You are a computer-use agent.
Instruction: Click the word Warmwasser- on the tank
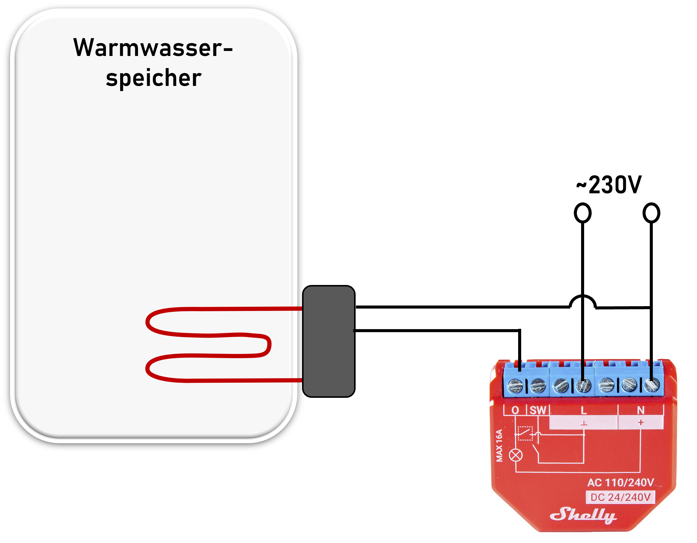pyautogui.click(x=153, y=48)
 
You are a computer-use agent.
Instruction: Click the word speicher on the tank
pyautogui.click(x=153, y=78)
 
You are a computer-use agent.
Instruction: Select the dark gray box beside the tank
pyautogui.click(x=328, y=341)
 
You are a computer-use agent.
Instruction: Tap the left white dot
pyautogui.click(x=582, y=213)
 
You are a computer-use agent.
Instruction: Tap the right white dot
pyautogui.click(x=651, y=213)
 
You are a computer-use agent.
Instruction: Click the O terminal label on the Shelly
pyautogui.click(x=515, y=410)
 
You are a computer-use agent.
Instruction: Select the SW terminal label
pyautogui.click(x=538, y=410)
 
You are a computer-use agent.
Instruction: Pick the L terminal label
pyautogui.click(x=584, y=410)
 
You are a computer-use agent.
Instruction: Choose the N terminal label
pyautogui.click(x=640, y=410)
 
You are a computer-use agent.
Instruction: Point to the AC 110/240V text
pyautogui.click(x=620, y=483)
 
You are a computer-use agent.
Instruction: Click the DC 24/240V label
pyautogui.click(x=620, y=497)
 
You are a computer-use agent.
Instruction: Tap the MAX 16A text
pyautogui.click(x=499, y=445)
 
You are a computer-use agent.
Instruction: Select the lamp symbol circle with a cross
pyautogui.click(x=516, y=455)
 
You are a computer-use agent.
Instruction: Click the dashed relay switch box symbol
pyautogui.click(x=525, y=433)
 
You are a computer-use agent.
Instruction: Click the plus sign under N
pyautogui.click(x=640, y=423)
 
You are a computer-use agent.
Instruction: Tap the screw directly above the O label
pyautogui.click(x=515, y=386)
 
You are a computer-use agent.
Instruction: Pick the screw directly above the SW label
pyautogui.click(x=538, y=386)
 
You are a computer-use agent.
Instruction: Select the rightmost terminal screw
pyautogui.click(x=652, y=385)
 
